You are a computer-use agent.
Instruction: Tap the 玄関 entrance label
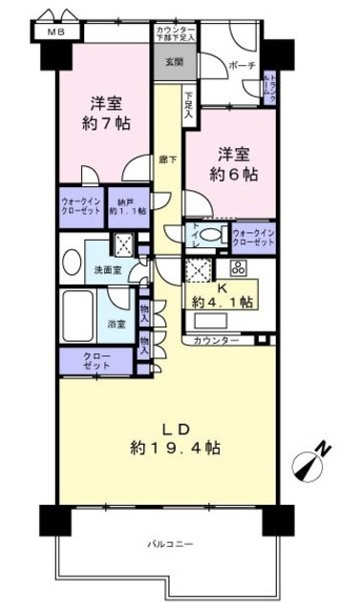[x=173, y=63]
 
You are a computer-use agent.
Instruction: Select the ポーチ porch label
[x=239, y=67]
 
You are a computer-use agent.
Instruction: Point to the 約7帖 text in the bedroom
[x=104, y=123]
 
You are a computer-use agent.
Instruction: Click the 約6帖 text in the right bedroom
[x=234, y=173]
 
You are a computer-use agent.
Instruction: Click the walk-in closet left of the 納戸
[x=80, y=206]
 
